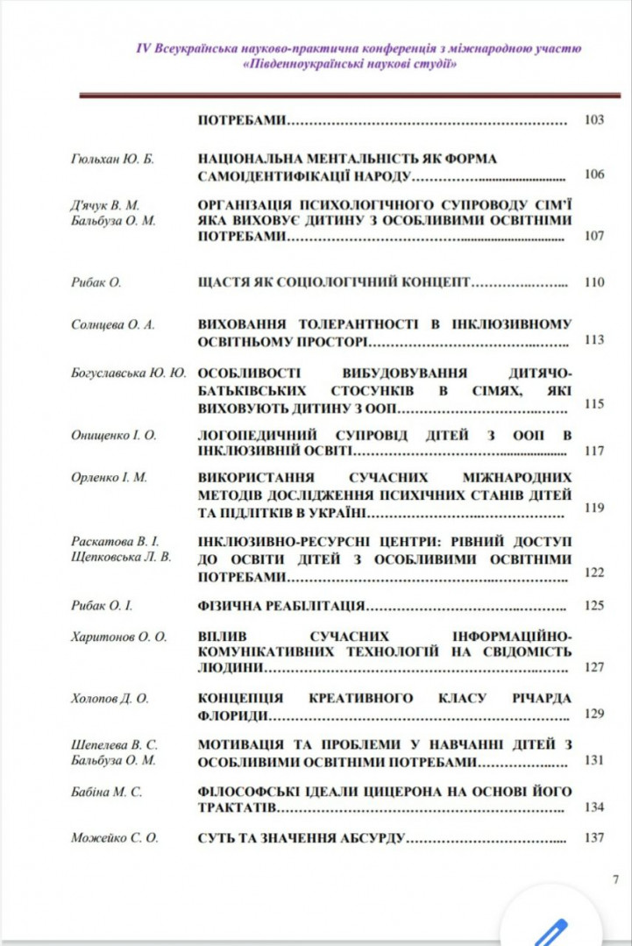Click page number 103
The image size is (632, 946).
point(593,120)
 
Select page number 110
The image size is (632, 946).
point(593,282)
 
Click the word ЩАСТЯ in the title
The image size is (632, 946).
point(227,282)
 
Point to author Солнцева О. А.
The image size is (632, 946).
point(112,324)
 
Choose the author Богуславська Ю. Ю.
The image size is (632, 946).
point(129,373)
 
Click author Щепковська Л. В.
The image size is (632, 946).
point(121,557)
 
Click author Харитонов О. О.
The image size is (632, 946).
point(118,636)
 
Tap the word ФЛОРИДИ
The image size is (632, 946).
point(232,714)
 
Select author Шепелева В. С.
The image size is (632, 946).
point(113,744)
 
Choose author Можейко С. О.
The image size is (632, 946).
point(114,837)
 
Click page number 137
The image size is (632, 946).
point(593,837)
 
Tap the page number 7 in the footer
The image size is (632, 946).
point(615,878)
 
